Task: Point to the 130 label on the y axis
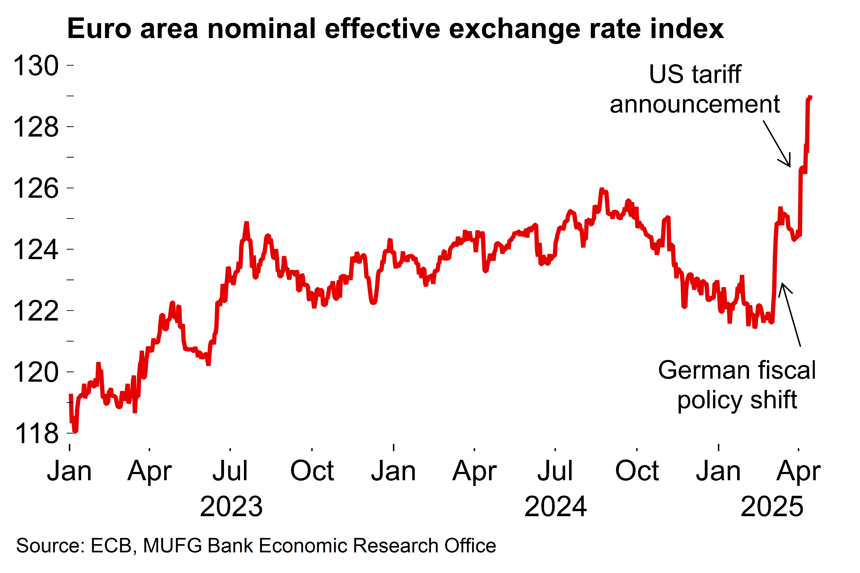click(x=36, y=66)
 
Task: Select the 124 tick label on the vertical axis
click(x=36, y=250)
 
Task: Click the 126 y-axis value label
click(x=36, y=189)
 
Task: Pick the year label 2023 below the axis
click(x=231, y=507)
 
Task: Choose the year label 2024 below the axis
click(x=556, y=507)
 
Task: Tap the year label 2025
click(x=772, y=507)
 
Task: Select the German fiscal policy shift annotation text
click(x=737, y=385)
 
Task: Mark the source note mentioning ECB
click(x=256, y=546)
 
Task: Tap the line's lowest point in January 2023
click(x=75, y=431)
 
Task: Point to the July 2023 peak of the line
click(x=246, y=223)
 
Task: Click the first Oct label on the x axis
click(x=312, y=471)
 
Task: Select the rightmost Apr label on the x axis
click(x=799, y=471)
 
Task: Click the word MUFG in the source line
click(x=172, y=546)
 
